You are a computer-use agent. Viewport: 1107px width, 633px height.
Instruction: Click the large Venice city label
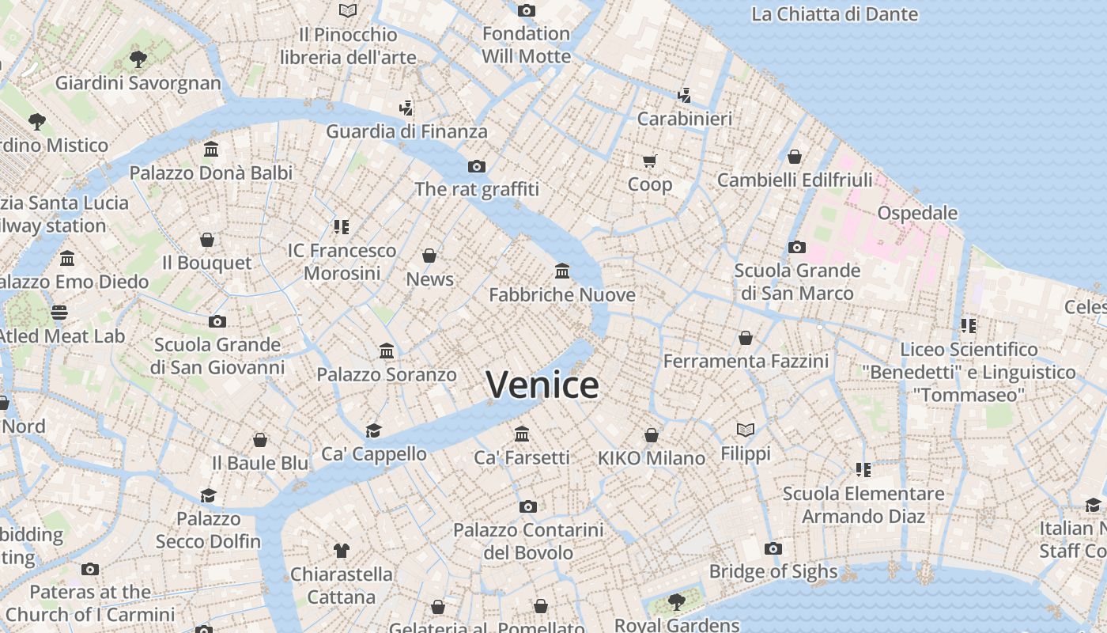tap(542, 385)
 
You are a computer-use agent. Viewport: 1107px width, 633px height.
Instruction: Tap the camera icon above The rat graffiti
tap(476, 166)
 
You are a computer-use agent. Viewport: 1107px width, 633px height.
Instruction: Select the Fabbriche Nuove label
tap(561, 295)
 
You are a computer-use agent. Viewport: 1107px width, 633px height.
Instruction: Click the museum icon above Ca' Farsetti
tap(522, 434)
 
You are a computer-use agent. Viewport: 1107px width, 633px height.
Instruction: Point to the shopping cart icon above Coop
tap(649, 161)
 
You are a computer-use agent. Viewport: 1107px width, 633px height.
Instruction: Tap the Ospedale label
tap(917, 213)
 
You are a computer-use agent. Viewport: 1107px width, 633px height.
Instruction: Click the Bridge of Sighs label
tap(773, 571)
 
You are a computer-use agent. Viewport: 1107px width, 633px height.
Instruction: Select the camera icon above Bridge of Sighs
tap(773, 549)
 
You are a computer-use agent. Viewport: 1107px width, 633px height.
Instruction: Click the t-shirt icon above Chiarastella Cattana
tap(341, 550)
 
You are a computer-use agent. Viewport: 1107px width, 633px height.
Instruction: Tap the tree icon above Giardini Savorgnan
tap(138, 59)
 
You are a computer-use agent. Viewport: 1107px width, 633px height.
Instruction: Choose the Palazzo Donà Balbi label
tap(211, 172)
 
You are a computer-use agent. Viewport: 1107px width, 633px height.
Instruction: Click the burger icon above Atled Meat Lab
tap(59, 313)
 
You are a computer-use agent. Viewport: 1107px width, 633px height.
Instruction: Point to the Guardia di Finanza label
tap(406, 131)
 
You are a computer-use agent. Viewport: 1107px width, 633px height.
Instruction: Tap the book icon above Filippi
tap(745, 430)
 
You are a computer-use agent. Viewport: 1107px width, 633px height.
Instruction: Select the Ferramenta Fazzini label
tap(746, 362)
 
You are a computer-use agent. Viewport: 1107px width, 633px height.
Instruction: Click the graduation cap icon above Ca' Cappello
tap(373, 430)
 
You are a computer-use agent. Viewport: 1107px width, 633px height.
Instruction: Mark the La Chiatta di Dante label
tap(834, 14)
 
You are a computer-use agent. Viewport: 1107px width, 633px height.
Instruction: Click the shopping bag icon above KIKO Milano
tap(651, 435)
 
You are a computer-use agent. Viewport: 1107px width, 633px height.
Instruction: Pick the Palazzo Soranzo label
tap(387, 374)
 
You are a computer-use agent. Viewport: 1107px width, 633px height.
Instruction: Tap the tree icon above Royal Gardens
tap(676, 602)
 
